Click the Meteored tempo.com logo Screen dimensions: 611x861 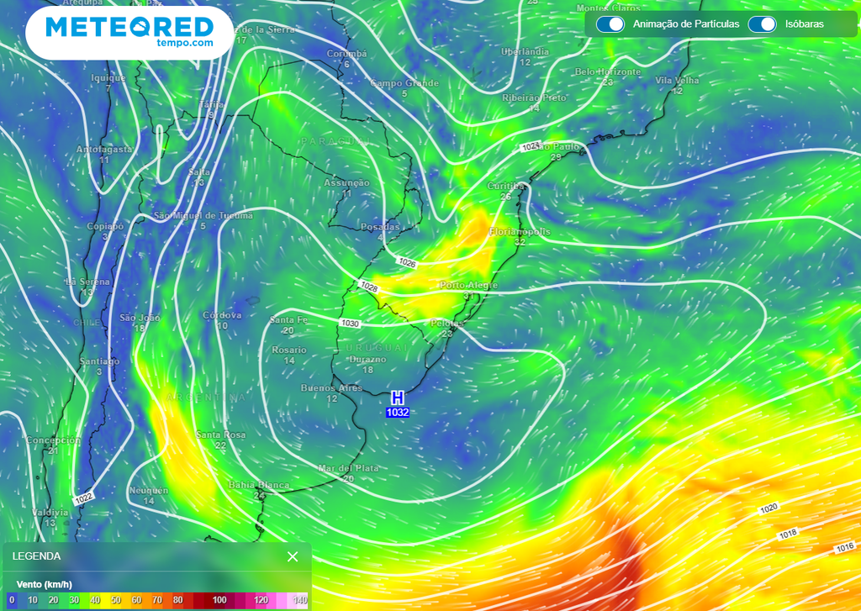click(x=129, y=31)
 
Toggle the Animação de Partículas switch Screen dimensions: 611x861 click(x=610, y=24)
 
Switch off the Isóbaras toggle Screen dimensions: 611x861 click(x=762, y=24)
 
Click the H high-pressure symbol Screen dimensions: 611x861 click(x=398, y=398)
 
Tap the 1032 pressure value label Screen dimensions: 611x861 click(x=398, y=413)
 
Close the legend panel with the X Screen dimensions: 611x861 click(x=293, y=556)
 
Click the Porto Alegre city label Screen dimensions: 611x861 click(x=468, y=286)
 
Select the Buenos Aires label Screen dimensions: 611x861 click(x=331, y=388)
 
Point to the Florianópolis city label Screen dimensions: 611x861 click(x=520, y=231)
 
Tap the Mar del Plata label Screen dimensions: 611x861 click(x=348, y=468)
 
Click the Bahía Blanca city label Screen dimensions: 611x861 click(x=259, y=486)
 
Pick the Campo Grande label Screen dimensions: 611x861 click(x=404, y=83)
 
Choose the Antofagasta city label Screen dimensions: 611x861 click(x=104, y=150)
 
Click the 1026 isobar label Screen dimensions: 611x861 click(x=408, y=263)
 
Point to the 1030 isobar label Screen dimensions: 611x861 click(x=350, y=324)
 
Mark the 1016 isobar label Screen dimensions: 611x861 click(x=844, y=548)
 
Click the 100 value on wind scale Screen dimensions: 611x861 click(x=219, y=600)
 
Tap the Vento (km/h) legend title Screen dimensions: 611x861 click(x=44, y=584)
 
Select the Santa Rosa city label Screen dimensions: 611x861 click(x=220, y=435)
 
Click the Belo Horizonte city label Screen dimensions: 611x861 click(x=607, y=72)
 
